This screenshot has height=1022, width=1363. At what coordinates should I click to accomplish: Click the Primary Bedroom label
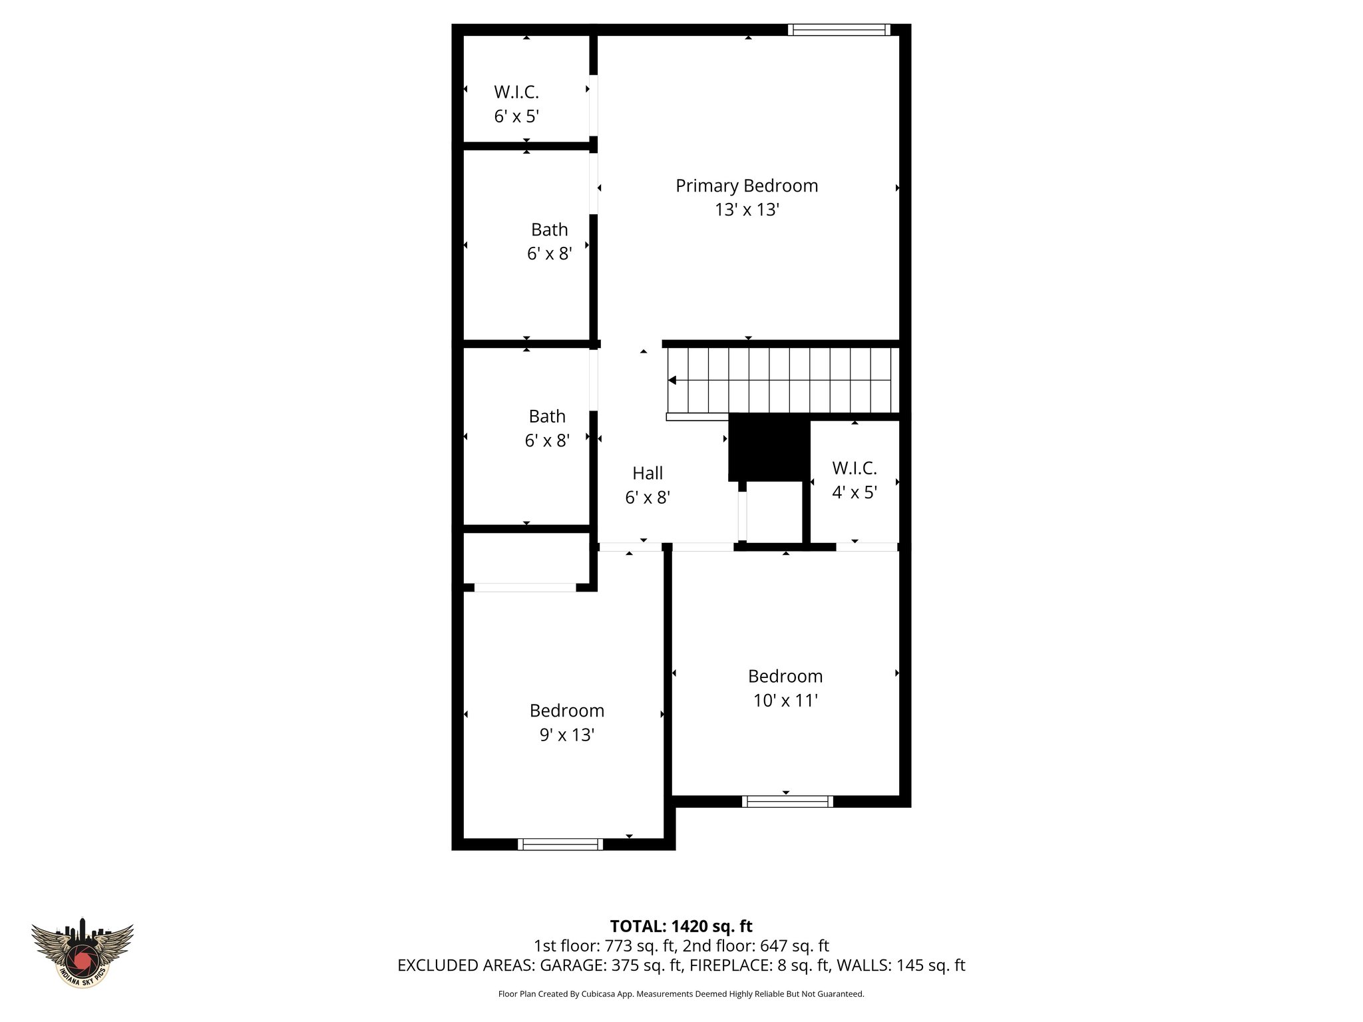[x=747, y=186]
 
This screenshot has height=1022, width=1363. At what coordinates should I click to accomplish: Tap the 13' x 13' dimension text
[x=747, y=210]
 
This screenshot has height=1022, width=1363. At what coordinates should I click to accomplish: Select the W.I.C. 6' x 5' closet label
[x=516, y=104]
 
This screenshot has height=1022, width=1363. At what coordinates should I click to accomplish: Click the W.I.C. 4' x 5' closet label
[x=855, y=480]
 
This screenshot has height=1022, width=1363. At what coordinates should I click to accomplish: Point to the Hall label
[x=648, y=473]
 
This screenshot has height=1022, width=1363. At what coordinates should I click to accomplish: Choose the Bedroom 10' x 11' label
[x=785, y=688]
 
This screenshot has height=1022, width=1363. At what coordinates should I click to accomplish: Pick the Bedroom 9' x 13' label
[x=567, y=723]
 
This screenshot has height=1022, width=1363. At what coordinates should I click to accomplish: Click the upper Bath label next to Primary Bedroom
[x=550, y=230]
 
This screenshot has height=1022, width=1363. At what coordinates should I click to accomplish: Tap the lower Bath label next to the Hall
[x=547, y=417]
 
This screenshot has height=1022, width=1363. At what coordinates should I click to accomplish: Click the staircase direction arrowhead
[x=672, y=381]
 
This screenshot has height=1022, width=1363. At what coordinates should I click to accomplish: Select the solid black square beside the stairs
[x=769, y=447]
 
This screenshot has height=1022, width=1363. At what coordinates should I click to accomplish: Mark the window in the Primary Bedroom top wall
[x=839, y=29]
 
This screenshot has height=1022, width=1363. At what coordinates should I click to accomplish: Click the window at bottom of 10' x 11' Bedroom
[x=787, y=801]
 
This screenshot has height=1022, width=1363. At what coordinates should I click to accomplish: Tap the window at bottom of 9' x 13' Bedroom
[x=560, y=844]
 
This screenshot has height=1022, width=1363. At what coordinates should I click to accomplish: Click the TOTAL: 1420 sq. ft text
[x=681, y=926]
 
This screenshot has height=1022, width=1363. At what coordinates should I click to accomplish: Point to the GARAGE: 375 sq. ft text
[x=612, y=965]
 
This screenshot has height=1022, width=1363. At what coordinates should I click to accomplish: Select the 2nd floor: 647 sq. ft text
[x=755, y=945]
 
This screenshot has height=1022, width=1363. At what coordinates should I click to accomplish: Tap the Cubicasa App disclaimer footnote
[x=681, y=994]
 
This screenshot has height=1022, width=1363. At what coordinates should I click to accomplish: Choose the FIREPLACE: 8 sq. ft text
[x=759, y=965]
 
